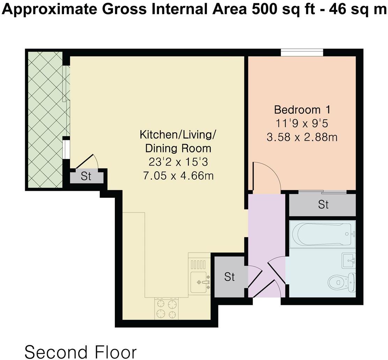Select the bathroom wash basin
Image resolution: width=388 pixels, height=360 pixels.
coord(348,260)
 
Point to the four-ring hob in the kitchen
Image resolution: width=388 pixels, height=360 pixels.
coord(166,309)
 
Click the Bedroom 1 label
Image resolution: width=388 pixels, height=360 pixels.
coord(302,110)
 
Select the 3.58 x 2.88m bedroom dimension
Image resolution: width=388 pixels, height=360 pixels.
coord(302,137)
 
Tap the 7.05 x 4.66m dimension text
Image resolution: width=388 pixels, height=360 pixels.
coord(178,175)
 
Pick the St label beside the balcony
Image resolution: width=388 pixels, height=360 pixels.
coord(86,177)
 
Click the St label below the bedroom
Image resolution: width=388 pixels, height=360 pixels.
coord(323,205)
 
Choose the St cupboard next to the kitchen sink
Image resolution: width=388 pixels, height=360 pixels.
coord(229,277)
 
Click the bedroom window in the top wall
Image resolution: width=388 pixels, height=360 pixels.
coord(302,53)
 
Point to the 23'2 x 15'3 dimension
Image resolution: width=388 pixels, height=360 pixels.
coord(178,162)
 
